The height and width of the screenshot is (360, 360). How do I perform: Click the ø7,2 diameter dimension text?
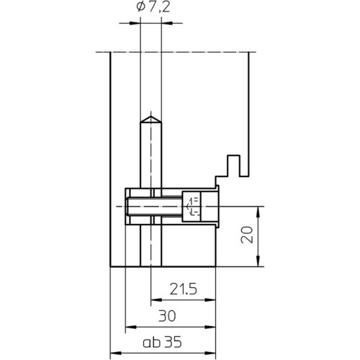coord(153,7)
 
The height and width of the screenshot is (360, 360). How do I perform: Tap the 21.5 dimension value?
coord(184,289)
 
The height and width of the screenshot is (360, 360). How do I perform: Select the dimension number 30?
coord(167,316)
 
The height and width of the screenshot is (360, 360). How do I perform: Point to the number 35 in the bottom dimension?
coord(173,342)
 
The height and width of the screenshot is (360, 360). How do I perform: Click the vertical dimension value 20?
coord(247,235)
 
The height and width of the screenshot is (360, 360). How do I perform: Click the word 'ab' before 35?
coord(152,343)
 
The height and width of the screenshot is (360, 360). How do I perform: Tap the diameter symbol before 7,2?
coord(140,7)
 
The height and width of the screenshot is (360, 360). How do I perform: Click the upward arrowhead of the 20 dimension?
coord(258,212)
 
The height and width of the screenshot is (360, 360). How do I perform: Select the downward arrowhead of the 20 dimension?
coord(258,261)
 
